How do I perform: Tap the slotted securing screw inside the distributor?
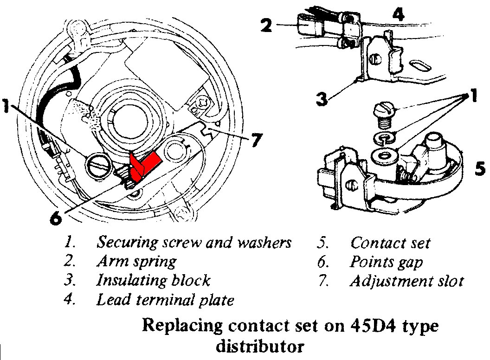point(98,166)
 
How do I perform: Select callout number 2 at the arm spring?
point(266,25)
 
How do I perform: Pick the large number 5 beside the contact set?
point(480,168)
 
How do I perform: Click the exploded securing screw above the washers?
point(384,116)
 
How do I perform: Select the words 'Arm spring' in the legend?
point(136,261)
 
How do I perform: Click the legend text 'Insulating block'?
point(153,280)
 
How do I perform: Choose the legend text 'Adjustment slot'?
point(407,281)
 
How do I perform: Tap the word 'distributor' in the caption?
point(261,346)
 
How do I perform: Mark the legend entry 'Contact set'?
point(390,243)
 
